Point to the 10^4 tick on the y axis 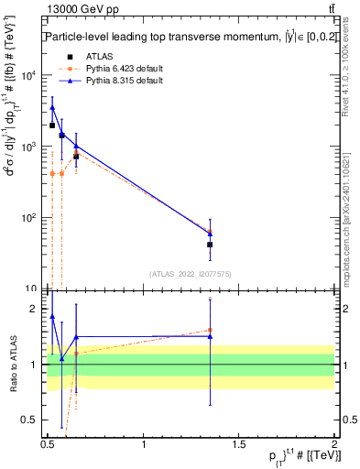[28, 75]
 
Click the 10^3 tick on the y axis [28, 147]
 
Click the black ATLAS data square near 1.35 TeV [210, 245]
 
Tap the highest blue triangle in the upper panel [52, 107]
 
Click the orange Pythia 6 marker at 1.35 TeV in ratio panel [210, 330]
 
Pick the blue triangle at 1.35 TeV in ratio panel [210, 336]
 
